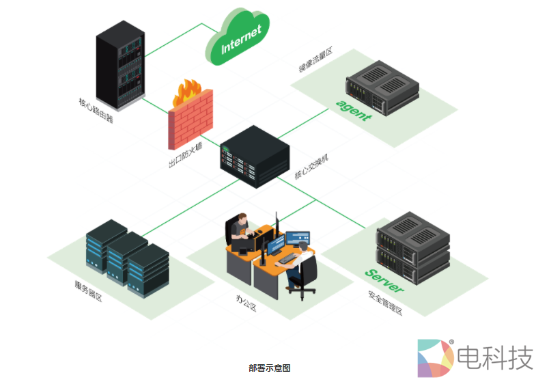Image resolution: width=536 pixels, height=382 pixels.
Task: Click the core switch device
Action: point(253,156)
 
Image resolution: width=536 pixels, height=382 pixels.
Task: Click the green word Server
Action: point(384,280)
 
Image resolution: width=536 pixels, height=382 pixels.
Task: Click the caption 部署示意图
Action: point(269,368)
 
